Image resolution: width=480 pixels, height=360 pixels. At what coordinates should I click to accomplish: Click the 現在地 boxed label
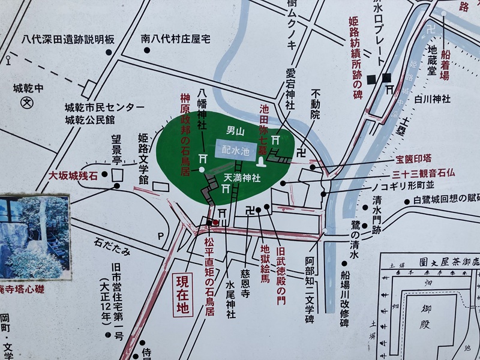[182, 294]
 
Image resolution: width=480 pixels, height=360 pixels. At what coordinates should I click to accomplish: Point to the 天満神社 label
[242, 178]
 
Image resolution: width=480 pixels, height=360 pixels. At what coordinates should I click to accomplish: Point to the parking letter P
[160, 236]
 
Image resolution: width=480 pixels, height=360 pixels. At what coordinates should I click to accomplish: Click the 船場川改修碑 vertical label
[344, 299]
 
